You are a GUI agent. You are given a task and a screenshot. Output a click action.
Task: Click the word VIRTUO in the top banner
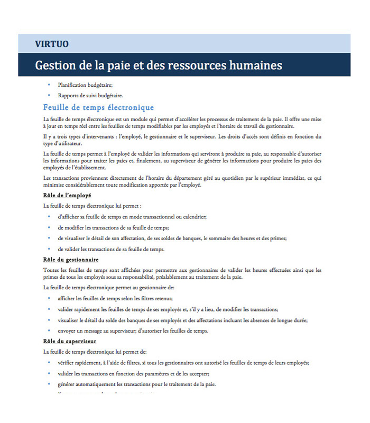(x=52, y=44)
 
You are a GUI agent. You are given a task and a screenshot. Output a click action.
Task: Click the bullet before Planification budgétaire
(x=49, y=85)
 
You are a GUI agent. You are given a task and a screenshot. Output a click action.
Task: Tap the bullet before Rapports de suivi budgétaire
(x=49, y=96)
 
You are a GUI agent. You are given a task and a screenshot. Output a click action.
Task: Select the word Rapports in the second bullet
(x=68, y=96)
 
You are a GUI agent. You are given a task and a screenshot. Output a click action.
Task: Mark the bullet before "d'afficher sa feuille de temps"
(x=49, y=217)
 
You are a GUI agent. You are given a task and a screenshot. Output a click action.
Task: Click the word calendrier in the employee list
(x=194, y=217)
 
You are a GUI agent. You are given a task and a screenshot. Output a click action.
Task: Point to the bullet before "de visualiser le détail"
(x=49, y=238)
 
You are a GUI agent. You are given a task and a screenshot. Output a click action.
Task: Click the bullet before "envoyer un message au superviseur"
(x=49, y=331)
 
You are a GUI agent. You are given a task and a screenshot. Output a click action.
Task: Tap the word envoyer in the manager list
(x=67, y=331)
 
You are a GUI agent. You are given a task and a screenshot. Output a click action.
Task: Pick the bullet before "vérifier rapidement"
(x=49, y=363)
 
